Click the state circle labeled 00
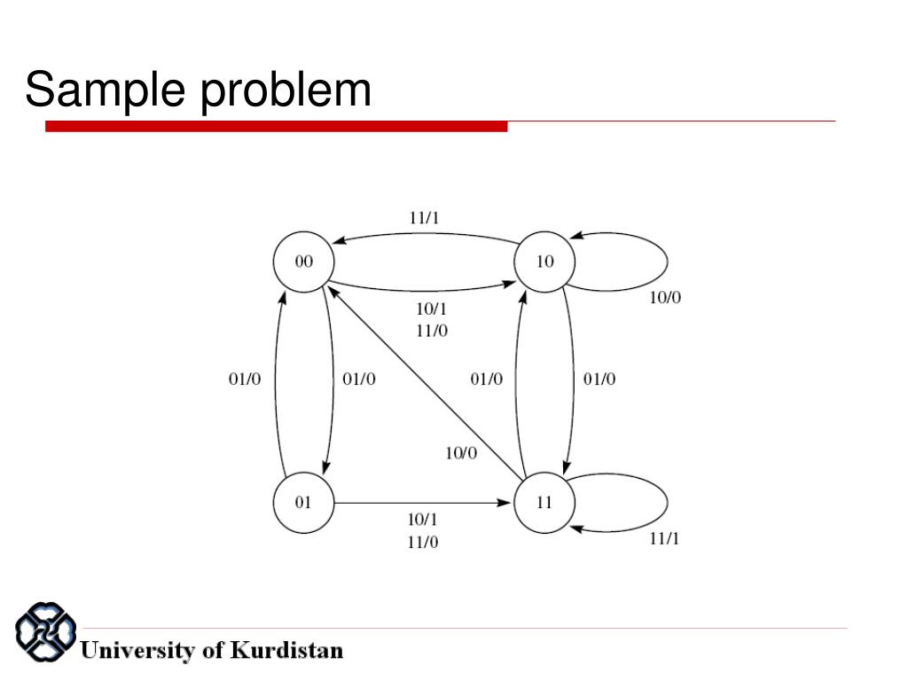point(303,262)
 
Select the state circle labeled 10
point(544,262)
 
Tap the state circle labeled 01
point(303,503)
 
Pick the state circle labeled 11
point(544,503)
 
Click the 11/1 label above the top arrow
point(423,217)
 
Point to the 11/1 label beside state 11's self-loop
point(664,538)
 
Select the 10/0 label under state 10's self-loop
point(665,298)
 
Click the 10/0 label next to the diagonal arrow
point(460,453)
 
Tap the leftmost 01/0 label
point(245,380)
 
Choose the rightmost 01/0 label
point(599,380)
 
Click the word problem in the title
point(286,92)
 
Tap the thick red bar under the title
point(276,127)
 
